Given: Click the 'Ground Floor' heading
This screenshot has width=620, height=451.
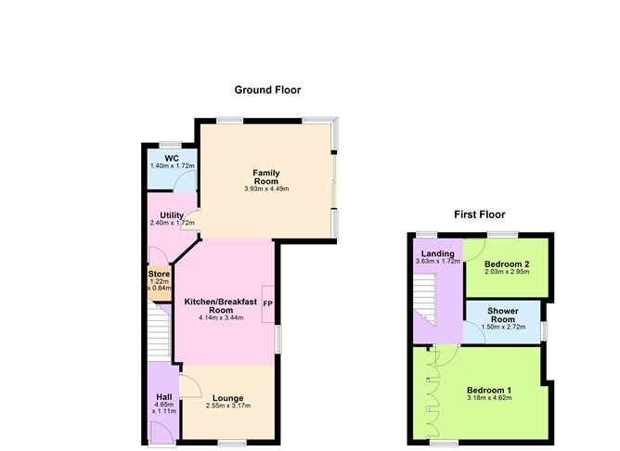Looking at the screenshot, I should click(x=266, y=90).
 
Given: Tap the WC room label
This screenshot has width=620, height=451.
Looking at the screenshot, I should click(x=172, y=159).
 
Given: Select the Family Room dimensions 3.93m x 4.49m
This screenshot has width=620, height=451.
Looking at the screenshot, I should click(x=266, y=189).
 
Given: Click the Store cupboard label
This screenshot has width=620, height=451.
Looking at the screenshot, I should click(x=160, y=274).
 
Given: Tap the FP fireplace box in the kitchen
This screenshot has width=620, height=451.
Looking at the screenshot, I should click(x=267, y=304).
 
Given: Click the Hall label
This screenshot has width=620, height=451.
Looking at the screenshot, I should click(x=162, y=398).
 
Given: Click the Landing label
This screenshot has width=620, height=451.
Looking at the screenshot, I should click(x=437, y=253).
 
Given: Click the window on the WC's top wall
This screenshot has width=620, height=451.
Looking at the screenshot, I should click(x=171, y=145).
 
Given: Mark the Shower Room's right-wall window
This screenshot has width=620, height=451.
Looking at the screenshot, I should click(x=545, y=329).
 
